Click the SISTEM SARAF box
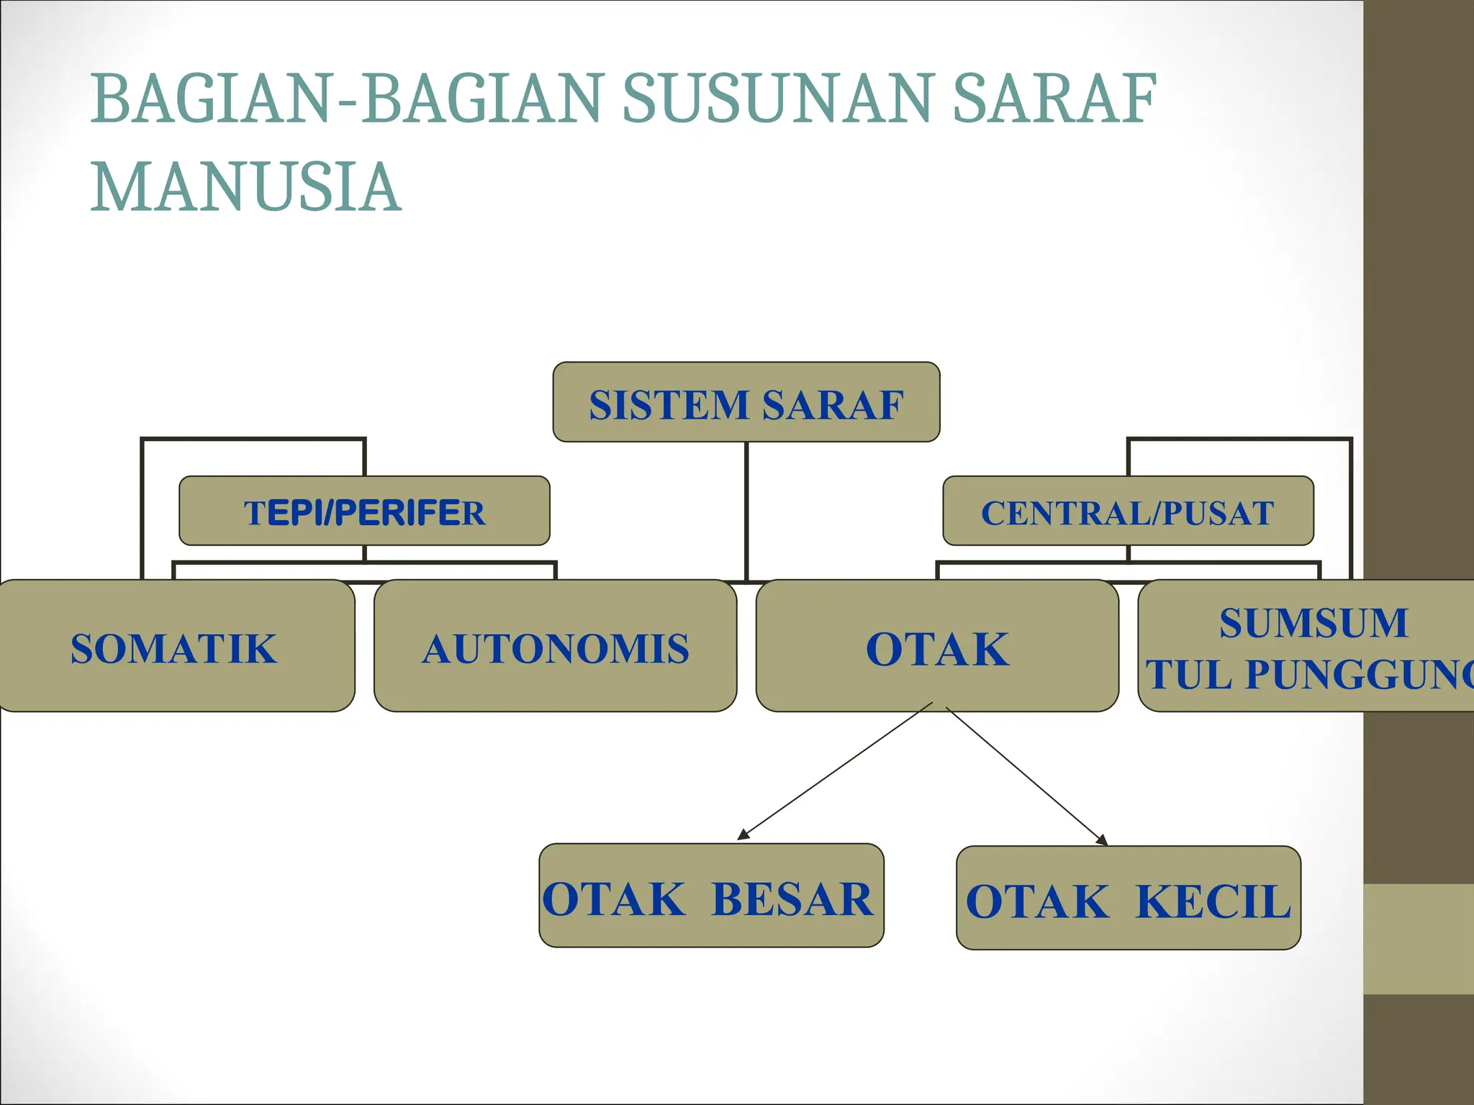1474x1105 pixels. pyautogui.click(x=746, y=402)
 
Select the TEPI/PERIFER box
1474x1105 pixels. pyautogui.click(x=364, y=511)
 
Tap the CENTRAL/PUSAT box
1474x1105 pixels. pyautogui.click(x=1128, y=511)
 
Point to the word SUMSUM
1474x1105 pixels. pyautogui.click(x=1313, y=623)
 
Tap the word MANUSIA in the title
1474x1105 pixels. pyautogui.click(x=245, y=188)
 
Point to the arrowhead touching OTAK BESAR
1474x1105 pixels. pyautogui.click(x=743, y=835)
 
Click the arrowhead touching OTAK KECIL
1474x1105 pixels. pyautogui.click(x=1101, y=840)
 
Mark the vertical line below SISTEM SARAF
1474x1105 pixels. pyautogui.click(x=747, y=511)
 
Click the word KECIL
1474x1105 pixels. pyautogui.click(x=1213, y=901)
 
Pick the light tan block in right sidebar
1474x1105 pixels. pyautogui.click(x=1418, y=939)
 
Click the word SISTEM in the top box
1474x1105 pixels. pyautogui.click(x=669, y=404)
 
